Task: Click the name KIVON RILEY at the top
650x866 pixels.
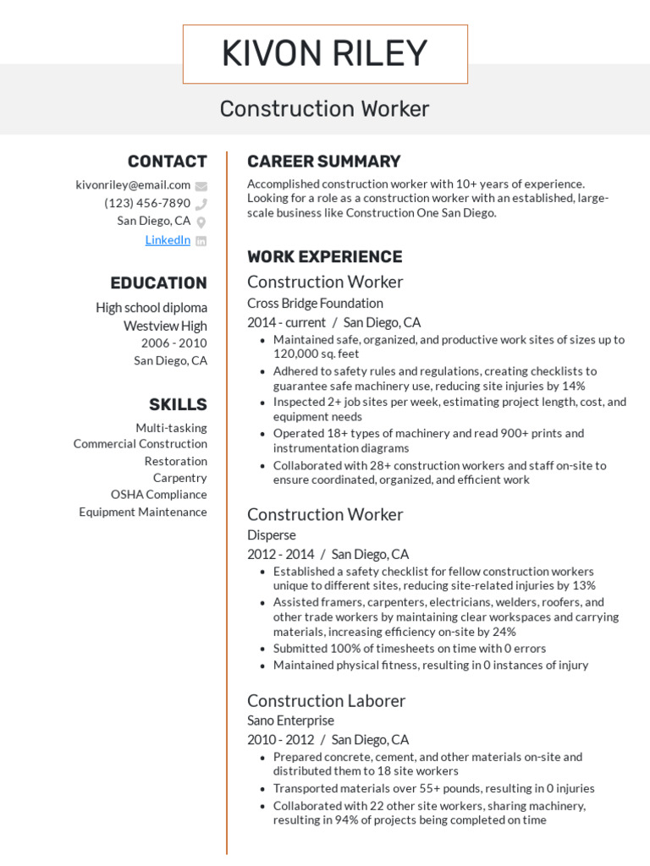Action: tap(325, 54)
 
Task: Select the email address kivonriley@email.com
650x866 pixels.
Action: tap(133, 185)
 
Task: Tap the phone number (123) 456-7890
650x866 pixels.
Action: tap(147, 204)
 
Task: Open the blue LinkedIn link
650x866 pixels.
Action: tap(168, 240)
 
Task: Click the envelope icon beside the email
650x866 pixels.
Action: tap(201, 186)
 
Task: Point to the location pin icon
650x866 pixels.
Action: tap(201, 222)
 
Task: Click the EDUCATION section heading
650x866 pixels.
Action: tap(158, 283)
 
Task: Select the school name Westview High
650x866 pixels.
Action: tap(165, 326)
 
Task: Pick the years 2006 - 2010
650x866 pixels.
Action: tap(174, 343)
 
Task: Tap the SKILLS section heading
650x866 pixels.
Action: tap(178, 404)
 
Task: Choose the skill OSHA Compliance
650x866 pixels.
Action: tap(158, 495)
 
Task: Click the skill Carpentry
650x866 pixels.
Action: tap(179, 478)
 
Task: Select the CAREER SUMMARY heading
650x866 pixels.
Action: tap(323, 162)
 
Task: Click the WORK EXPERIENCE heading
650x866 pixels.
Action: tap(324, 257)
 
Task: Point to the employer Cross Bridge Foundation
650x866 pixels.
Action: tap(315, 304)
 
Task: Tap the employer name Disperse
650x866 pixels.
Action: tap(272, 535)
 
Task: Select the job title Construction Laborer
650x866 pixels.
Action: tap(326, 701)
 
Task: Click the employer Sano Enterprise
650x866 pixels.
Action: tap(290, 721)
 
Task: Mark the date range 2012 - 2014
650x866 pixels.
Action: tap(280, 555)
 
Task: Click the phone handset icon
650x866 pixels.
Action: tap(201, 204)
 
